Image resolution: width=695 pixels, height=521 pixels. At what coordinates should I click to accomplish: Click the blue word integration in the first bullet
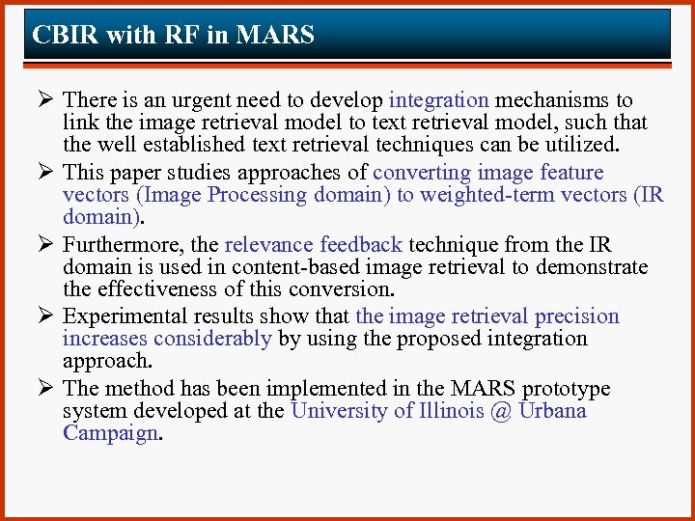(438, 100)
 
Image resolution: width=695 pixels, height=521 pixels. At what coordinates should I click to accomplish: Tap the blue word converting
(421, 173)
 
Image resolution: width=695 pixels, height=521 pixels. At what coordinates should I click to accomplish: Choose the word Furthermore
(121, 245)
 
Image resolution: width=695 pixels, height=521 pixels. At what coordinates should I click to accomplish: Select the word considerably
(212, 339)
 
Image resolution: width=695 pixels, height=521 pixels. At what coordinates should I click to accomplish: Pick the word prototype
(566, 389)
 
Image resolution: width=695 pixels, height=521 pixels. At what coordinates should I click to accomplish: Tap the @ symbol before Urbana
(501, 411)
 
